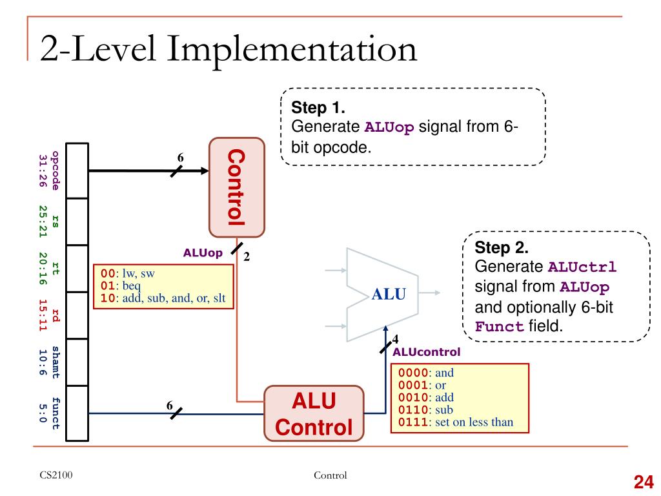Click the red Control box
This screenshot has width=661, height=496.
(x=237, y=187)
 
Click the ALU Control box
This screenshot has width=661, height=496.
(x=314, y=413)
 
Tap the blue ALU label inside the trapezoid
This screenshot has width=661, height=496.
(x=389, y=294)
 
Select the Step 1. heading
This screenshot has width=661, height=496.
(x=318, y=108)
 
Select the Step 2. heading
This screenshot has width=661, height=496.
(x=502, y=247)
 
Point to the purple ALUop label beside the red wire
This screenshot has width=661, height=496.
(x=203, y=253)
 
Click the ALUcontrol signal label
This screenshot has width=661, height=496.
(x=426, y=352)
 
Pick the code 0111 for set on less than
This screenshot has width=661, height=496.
(x=413, y=422)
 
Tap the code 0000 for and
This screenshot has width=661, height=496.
(x=413, y=373)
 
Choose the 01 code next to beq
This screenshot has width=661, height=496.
(x=108, y=285)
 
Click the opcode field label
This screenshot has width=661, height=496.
(x=56, y=170)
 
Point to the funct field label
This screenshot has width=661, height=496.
(x=56, y=413)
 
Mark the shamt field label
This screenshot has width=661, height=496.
(x=56, y=362)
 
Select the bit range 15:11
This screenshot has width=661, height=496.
(x=43, y=315)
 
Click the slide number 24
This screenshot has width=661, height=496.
(x=644, y=482)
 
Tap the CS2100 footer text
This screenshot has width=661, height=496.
(x=56, y=475)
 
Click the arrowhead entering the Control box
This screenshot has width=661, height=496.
(x=205, y=170)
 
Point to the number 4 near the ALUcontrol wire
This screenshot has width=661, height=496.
(x=395, y=338)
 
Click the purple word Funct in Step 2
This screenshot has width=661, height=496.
(x=499, y=326)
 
